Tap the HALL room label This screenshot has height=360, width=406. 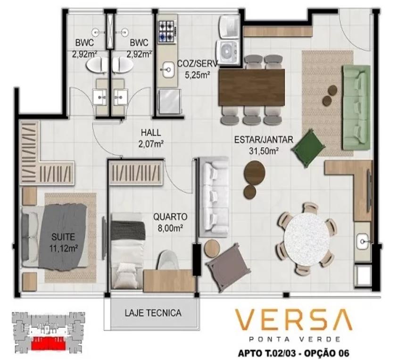pos(151,133)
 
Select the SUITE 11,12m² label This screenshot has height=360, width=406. pos(64,243)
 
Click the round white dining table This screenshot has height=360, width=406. pos(307,239)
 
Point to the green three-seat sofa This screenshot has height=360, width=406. pos(356,108)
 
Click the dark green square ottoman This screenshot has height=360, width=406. pos(308,148)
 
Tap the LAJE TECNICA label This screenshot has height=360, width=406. pos(153,313)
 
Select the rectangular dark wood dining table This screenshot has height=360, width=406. pos(251,87)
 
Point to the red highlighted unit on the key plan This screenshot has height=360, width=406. pos(48,343)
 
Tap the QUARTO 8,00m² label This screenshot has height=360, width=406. pos(170,222)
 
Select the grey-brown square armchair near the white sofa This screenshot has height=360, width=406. pos(228,267)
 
